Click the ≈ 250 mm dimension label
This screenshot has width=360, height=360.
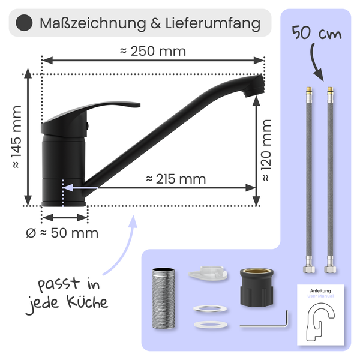(153, 51)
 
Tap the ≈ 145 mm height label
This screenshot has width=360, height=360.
(17, 137)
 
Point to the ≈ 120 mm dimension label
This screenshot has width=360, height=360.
(266, 150)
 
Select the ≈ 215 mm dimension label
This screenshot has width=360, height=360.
(176, 179)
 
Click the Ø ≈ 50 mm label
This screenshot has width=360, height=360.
(62, 233)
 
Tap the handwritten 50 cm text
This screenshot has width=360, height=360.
(317, 33)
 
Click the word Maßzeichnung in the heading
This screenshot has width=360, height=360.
(93, 23)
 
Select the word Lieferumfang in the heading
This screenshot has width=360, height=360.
(213, 23)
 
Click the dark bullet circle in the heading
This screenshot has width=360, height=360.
(24, 23)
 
